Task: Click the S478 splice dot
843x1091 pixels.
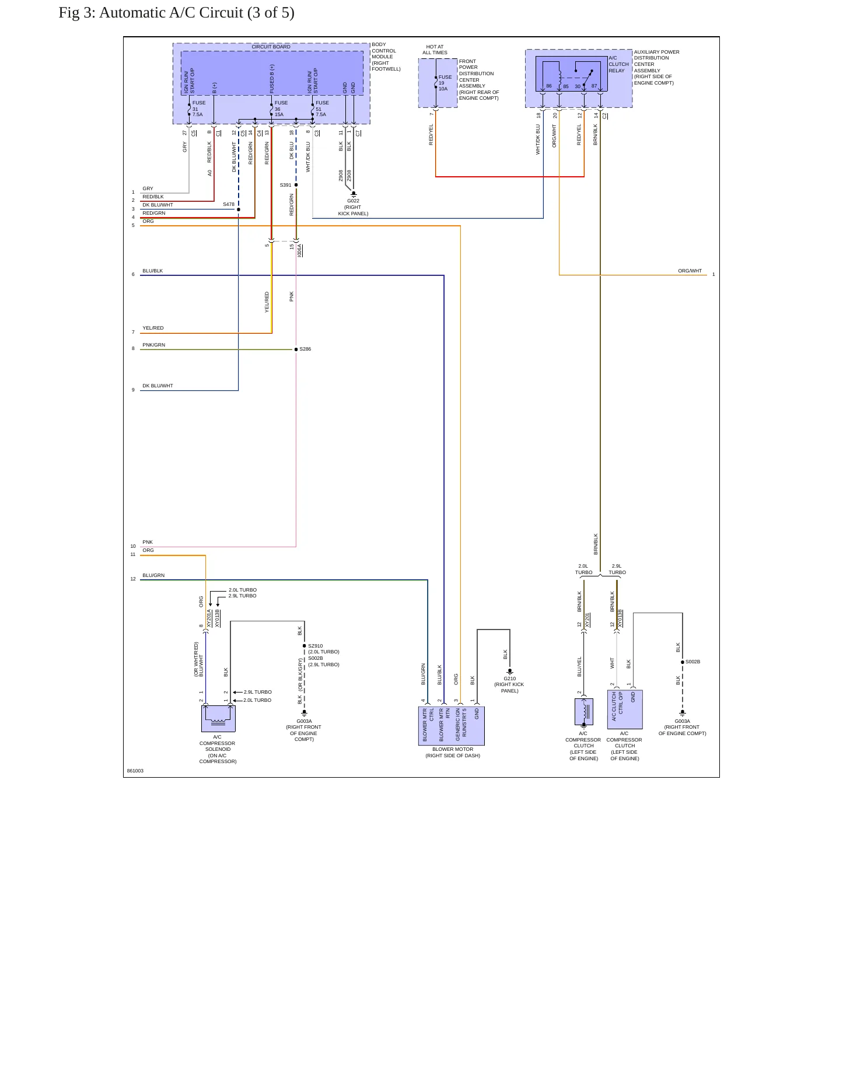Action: (239, 209)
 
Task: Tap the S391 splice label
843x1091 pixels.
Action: (285, 185)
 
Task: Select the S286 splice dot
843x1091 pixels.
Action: (296, 349)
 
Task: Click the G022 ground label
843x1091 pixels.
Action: (353, 201)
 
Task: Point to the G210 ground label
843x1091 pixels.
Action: (509, 679)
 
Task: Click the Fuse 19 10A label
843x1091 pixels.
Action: (445, 83)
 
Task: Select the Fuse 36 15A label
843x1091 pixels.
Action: (281, 109)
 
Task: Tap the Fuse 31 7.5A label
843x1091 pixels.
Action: (198, 109)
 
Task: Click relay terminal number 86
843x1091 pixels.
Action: (549, 86)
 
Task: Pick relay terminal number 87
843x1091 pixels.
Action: (594, 86)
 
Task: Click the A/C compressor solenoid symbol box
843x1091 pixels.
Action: (218, 718)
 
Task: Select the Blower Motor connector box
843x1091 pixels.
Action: (452, 726)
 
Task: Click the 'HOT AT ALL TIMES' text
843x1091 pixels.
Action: (435, 50)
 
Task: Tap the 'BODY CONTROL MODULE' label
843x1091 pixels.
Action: (384, 51)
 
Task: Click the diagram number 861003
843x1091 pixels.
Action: (135, 771)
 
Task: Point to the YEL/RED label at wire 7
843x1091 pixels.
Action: (153, 328)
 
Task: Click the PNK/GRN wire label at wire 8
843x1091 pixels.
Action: (153, 345)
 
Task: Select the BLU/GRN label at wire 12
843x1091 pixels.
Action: (153, 575)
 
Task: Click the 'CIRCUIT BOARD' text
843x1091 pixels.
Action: (271, 47)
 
